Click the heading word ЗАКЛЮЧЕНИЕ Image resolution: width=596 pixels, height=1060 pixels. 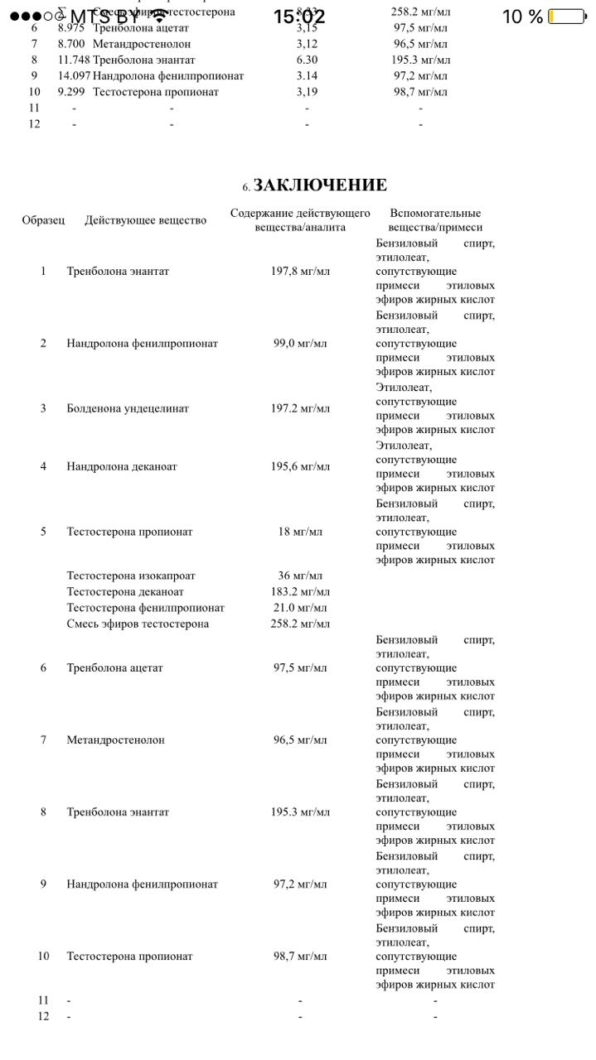[320, 185]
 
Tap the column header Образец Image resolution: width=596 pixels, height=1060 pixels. [43, 220]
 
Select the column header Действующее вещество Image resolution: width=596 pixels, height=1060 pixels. [145, 220]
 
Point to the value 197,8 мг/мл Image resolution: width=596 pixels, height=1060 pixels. [300, 271]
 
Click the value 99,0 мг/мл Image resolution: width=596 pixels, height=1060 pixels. [300, 343]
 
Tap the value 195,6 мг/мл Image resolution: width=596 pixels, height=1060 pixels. [300, 466]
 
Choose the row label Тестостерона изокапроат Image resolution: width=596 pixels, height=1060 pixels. [131, 576]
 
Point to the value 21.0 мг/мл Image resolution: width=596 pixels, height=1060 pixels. [300, 607]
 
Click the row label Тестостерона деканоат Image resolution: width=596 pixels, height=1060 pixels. [125, 591]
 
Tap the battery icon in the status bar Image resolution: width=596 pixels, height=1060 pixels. [567, 17]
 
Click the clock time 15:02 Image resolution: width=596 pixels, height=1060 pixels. [299, 17]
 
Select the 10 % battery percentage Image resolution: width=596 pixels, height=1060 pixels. [523, 17]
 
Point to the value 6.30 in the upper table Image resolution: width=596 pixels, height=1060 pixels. [307, 60]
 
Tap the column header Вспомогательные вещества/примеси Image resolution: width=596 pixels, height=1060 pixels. [435, 220]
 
